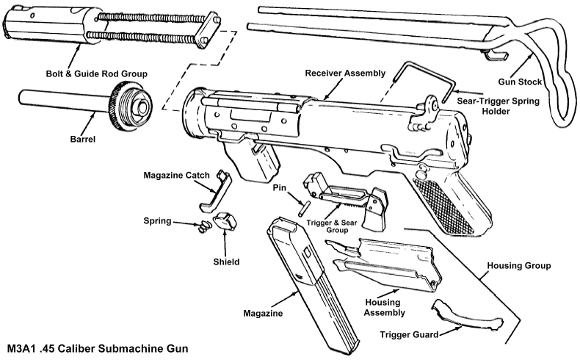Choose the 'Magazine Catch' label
pos(176,174)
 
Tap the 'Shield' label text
pos(226,261)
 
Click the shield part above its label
pos(225,222)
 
